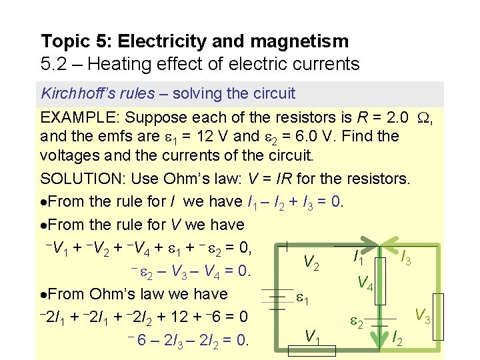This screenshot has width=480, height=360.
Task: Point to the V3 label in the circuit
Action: [x=421, y=315]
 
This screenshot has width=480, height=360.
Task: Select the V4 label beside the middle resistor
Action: [x=365, y=283]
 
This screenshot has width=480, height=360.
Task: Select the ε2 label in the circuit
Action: [x=357, y=323]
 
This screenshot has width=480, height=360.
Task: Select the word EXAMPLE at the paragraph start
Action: [x=80, y=118]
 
